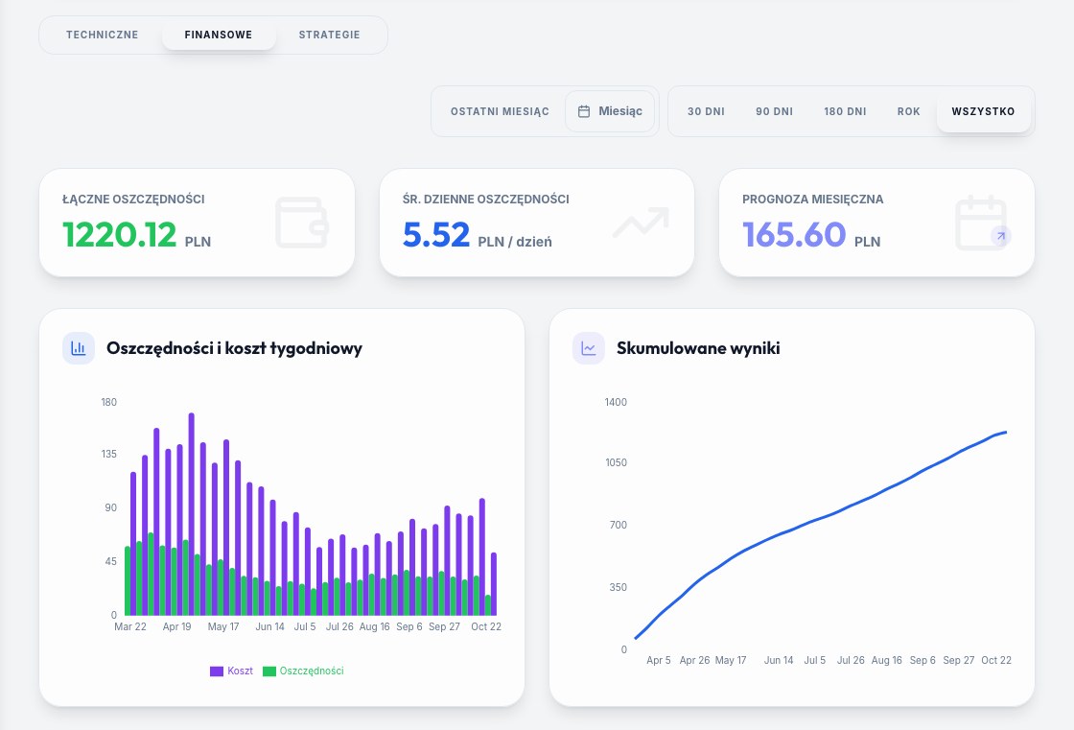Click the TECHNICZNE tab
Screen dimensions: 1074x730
coord(102,35)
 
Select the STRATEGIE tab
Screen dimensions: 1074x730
coord(330,35)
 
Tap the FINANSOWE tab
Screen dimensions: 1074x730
coord(219,35)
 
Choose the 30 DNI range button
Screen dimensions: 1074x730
coord(706,111)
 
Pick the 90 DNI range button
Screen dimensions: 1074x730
coord(775,111)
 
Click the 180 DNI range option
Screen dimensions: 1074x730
coord(845,111)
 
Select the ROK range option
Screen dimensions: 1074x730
coord(909,111)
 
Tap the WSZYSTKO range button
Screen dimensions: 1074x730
coord(984,111)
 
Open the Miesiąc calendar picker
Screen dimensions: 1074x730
coord(610,111)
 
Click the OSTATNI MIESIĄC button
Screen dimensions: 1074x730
coord(500,111)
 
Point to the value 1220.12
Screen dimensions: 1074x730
coord(120,234)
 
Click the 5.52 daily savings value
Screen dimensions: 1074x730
coord(436,234)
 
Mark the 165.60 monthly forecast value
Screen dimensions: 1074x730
coord(795,234)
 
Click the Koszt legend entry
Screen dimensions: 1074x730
coord(231,671)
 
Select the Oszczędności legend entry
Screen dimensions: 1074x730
coord(303,671)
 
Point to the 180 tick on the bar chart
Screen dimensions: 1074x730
coord(109,402)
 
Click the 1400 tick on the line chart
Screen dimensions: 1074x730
coord(616,402)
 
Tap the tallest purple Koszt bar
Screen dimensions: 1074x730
coord(191,514)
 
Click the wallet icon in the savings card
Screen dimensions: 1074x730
coord(302,223)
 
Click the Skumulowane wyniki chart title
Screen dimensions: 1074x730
coord(698,348)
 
